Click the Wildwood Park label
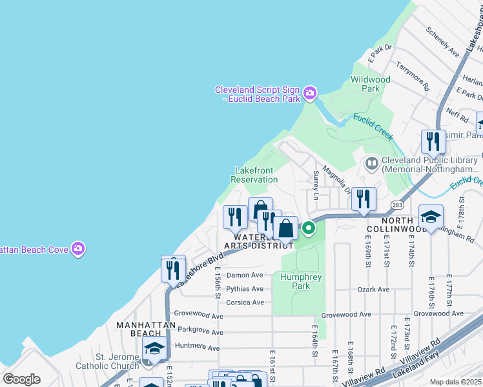coord(370,84)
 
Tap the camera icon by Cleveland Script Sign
coord(310,94)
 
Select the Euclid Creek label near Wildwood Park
coord(373,126)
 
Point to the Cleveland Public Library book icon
coord(371,164)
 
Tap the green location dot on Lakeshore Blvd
coord(309,228)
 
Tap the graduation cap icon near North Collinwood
coord(431,217)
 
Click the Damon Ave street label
coord(245,275)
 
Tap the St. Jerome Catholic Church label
coord(118,361)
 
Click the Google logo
coord(21,380)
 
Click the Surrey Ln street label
coord(316,184)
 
